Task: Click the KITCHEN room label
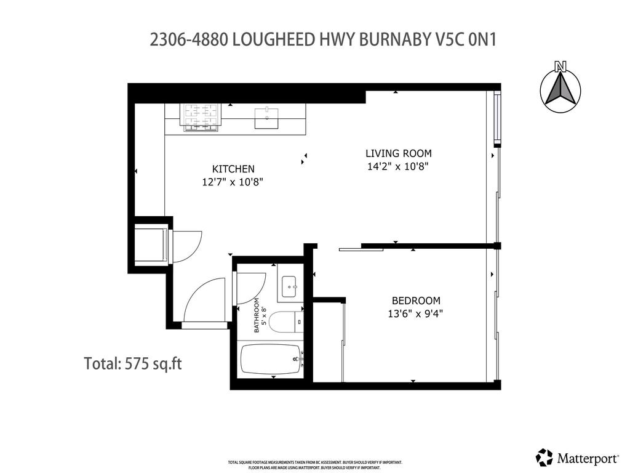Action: [233, 169]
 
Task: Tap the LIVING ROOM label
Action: [398, 153]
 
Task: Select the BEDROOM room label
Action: [416, 301]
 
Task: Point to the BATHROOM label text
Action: [257, 320]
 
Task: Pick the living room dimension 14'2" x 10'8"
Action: [397, 166]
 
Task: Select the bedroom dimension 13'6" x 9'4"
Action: [416, 313]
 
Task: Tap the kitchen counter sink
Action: [266, 118]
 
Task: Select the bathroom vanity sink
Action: [290, 286]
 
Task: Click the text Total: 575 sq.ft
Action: [133, 363]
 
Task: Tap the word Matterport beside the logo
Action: [588, 458]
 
